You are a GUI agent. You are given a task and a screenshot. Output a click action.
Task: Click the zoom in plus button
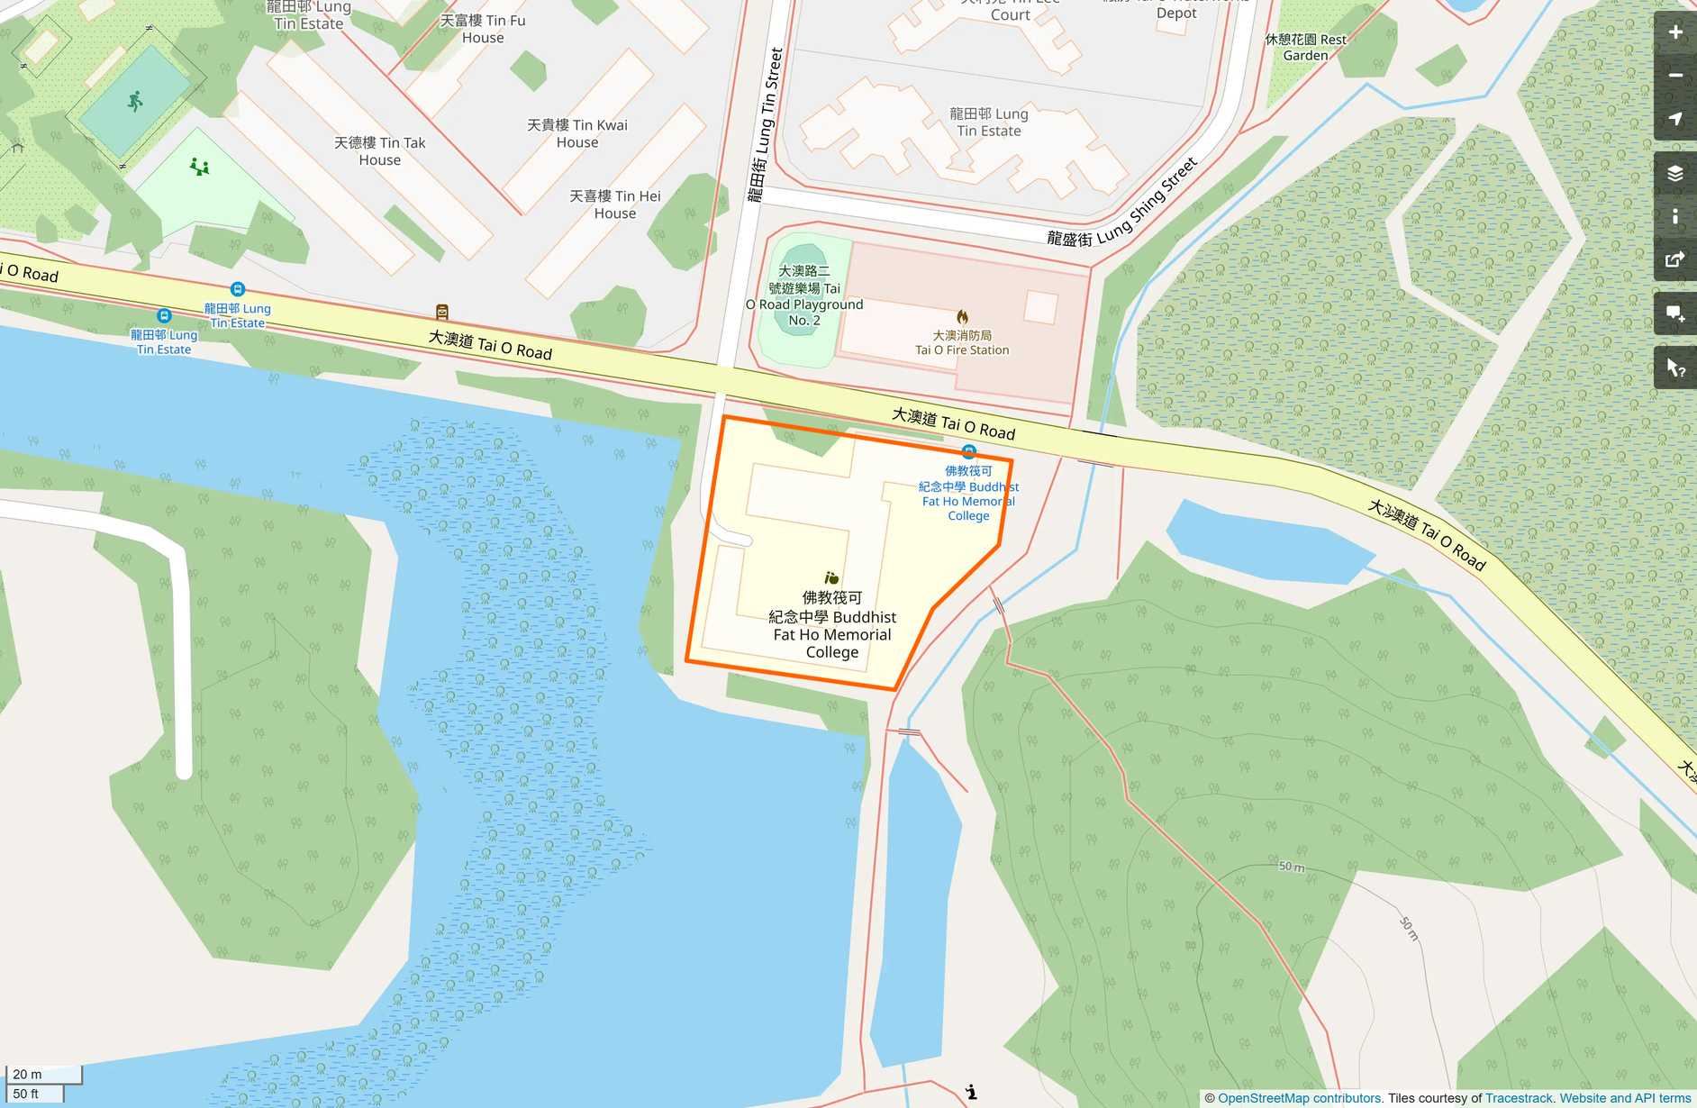[1674, 32]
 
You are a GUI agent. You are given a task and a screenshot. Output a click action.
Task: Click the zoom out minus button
[1674, 76]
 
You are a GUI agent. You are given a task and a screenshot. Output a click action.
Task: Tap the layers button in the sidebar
[1674, 173]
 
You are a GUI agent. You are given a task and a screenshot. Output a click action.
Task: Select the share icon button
[1674, 260]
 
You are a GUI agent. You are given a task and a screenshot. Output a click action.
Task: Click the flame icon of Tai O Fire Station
[962, 316]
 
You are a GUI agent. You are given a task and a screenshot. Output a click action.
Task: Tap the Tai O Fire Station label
[962, 342]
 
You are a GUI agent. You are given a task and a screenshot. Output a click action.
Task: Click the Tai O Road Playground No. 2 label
[804, 295]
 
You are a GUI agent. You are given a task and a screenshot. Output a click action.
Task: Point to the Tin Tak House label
[379, 151]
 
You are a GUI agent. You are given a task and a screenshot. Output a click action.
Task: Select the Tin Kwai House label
[577, 133]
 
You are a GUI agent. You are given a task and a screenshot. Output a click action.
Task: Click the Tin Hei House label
[615, 204]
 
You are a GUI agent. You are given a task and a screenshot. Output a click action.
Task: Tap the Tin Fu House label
[483, 29]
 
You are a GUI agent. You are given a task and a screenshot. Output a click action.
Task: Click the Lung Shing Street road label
[1122, 204]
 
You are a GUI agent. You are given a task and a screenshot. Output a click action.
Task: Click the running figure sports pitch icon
[135, 101]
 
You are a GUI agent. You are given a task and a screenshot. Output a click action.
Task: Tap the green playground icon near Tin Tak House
[200, 167]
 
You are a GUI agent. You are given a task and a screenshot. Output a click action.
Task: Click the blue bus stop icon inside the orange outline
[968, 451]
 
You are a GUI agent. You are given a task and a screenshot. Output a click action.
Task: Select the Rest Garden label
[1305, 47]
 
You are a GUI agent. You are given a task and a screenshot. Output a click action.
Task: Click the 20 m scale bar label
[28, 1074]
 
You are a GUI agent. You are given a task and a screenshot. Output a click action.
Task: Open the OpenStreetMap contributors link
[1299, 1098]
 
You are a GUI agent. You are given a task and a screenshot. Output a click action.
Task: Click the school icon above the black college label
[831, 577]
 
